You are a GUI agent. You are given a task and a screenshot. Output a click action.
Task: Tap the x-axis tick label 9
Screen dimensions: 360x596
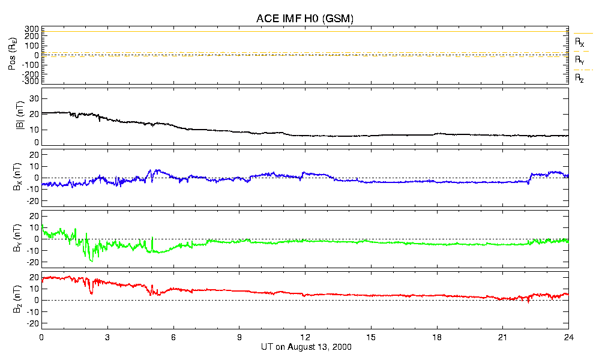239,337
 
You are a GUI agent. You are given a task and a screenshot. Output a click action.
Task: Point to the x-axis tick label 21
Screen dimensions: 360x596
503,337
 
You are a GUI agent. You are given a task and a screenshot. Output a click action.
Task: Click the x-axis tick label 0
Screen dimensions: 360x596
41,337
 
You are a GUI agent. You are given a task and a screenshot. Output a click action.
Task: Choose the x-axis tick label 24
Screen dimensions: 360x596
568,337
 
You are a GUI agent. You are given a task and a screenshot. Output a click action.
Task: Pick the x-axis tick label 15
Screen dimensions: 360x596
371,337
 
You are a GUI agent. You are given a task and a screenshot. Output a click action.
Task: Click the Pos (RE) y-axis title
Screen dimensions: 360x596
13,55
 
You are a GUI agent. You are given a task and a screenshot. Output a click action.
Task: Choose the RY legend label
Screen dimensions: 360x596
579,61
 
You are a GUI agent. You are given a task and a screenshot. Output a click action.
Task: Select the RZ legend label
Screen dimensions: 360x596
579,78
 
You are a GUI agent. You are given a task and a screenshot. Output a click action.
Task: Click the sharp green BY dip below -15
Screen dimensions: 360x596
92,260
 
